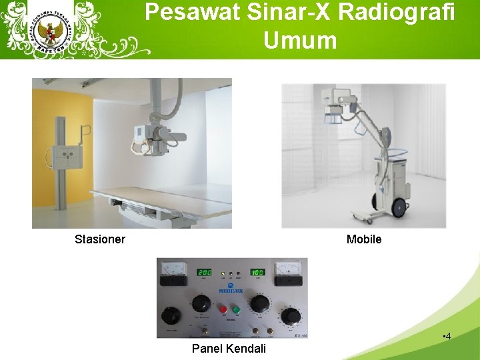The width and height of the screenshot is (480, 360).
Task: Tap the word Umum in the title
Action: pyautogui.click(x=300, y=40)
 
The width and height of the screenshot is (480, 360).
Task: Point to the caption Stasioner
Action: pyautogui.click(x=100, y=239)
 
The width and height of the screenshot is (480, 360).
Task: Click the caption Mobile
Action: pyautogui.click(x=364, y=239)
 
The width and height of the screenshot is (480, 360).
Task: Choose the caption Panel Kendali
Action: pyautogui.click(x=229, y=349)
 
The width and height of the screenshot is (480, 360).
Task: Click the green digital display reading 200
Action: pyautogui.click(x=203, y=273)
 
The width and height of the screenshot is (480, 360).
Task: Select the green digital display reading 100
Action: pyautogui.click(x=257, y=273)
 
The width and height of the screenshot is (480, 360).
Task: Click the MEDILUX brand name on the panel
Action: pyautogui.click(x=231, y=291)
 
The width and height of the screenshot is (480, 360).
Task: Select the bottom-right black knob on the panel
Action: pyautogui.click(x=291, y=315)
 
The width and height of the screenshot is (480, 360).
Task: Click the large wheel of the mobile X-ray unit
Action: pyautogui.click(x=400, y=207)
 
